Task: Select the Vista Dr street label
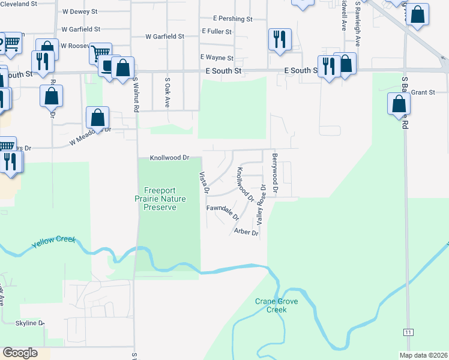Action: (x=204, y=182)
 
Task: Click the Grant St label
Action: (x=423, y=92)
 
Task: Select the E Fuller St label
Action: (x=217, y=31)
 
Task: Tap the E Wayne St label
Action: (x=217, y=58)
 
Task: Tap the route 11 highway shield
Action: (x=408, y=332)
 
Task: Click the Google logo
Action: (x=20, y=353)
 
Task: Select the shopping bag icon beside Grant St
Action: (x=399, y=104)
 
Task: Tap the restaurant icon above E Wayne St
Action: (x=280, y=40)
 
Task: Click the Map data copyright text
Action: (x=423, y=355)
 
